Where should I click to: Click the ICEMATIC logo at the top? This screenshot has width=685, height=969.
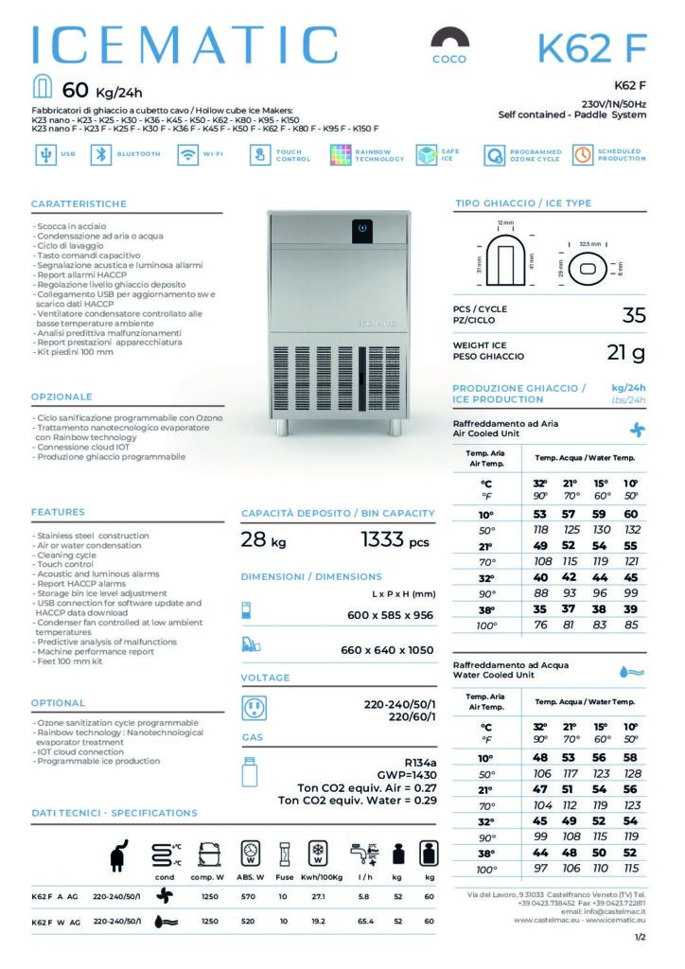184,44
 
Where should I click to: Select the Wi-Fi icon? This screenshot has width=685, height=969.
186,155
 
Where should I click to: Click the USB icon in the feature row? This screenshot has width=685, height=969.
44,155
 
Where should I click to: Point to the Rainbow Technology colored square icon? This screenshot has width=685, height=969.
341,155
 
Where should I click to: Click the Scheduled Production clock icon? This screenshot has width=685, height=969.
582,155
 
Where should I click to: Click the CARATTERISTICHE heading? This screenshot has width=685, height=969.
79,204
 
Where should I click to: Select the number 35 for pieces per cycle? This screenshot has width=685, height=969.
633,315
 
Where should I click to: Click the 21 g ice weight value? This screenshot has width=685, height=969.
625,353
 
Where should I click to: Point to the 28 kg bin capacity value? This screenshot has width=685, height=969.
264,541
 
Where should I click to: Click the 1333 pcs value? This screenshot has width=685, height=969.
395,541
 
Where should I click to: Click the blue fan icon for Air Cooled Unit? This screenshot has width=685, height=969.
637,429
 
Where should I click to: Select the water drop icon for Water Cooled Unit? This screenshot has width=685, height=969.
632,671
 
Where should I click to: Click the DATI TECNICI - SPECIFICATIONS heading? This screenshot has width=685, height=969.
114,813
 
